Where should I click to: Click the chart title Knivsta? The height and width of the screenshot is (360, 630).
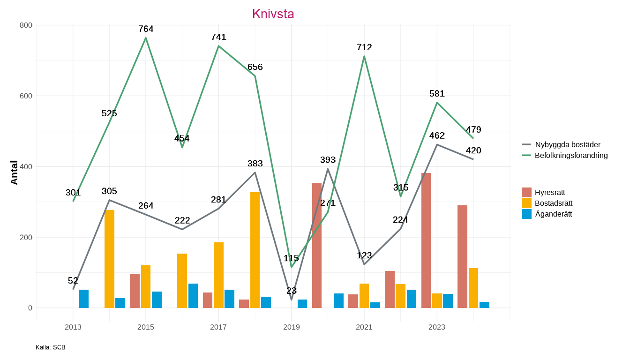point(273,14)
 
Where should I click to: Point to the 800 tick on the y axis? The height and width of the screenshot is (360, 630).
point(26,25)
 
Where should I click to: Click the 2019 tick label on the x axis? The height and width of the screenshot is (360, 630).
point(291,327)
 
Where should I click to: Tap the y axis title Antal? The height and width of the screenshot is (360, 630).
point(15,172)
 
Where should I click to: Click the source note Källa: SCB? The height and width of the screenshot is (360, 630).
point(51,347)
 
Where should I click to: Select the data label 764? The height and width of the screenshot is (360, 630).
point(146,29)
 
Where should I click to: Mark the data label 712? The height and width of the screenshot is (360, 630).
point(364,47)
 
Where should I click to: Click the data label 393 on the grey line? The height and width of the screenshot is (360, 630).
point(328,160)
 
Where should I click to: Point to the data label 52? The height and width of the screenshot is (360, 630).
point(73,281)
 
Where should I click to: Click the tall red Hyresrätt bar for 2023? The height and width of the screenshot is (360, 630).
point(426,240)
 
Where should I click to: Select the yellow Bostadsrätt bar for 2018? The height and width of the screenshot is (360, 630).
point(255,250)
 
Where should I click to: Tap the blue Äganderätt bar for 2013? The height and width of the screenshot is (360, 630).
point(84,299)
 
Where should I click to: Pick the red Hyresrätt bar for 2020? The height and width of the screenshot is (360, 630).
point(317,245)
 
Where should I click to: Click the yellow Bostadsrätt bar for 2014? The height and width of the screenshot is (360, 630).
point(109,259)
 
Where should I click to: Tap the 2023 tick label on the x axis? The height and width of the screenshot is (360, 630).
point(437,327)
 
